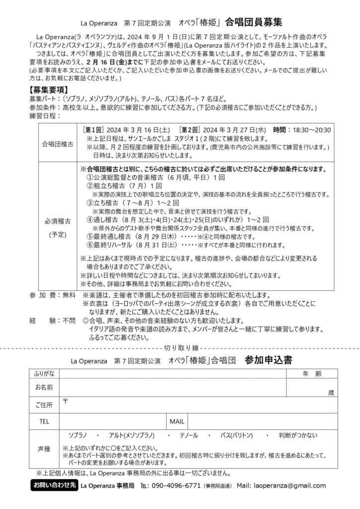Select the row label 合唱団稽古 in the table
click(57, 144)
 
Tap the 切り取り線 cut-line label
click(180, 347)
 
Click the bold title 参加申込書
click(268, 361)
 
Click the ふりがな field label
click(44, 373)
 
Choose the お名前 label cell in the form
click(44, 387)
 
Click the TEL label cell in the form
click(44, 422)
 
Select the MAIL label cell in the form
click(177, 422)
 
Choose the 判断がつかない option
click(298, 435)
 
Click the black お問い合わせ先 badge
click(54, 485)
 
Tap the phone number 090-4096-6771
click(176, 486)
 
